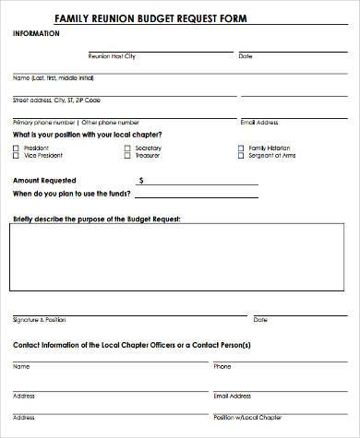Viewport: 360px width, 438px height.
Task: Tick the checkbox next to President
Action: [x=17, y=148]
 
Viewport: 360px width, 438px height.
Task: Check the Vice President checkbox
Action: [x=17, y=155]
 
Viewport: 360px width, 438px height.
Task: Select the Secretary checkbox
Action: [x=126, y=148]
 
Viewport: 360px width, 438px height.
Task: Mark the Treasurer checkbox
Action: [x=126, y=155]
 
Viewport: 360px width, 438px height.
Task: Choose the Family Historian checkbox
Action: [x=240, y=148]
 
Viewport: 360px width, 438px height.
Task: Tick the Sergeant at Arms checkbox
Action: [x=240, y=155]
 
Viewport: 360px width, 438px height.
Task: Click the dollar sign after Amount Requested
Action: [x=140, y=181]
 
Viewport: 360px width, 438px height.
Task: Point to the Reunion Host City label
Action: [x=111, y=56]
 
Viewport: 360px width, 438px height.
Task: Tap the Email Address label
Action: [x=258, y=122]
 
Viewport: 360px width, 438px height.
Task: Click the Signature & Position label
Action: [x=40, y=319]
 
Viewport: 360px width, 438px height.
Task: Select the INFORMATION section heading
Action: [x=36, y=34]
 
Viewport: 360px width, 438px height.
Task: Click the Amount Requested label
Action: [x=44, y=180]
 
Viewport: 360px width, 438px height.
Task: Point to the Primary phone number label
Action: [x=44, y=122]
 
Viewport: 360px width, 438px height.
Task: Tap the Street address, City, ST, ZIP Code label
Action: [x=56, y=99]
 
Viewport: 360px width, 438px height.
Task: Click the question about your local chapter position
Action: [x=89, y=136]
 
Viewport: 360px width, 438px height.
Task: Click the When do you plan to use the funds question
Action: [x=71, y=195]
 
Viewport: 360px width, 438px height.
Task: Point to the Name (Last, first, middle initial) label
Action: [x=54, y=77]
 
